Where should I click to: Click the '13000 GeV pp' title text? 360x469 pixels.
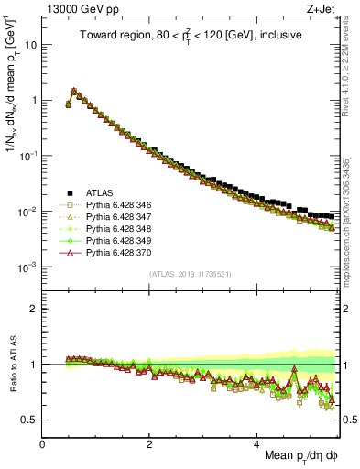click(80, 9)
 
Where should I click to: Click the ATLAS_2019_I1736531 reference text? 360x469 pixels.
click(190, 275)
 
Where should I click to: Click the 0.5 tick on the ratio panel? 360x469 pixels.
click(31, 420)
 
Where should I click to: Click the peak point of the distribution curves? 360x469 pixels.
click(74, 91)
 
